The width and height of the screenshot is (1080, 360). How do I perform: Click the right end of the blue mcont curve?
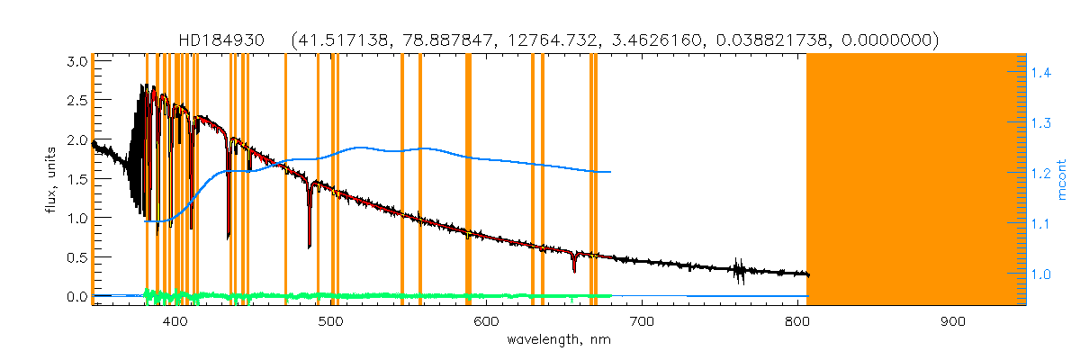click(x=611, y=171)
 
